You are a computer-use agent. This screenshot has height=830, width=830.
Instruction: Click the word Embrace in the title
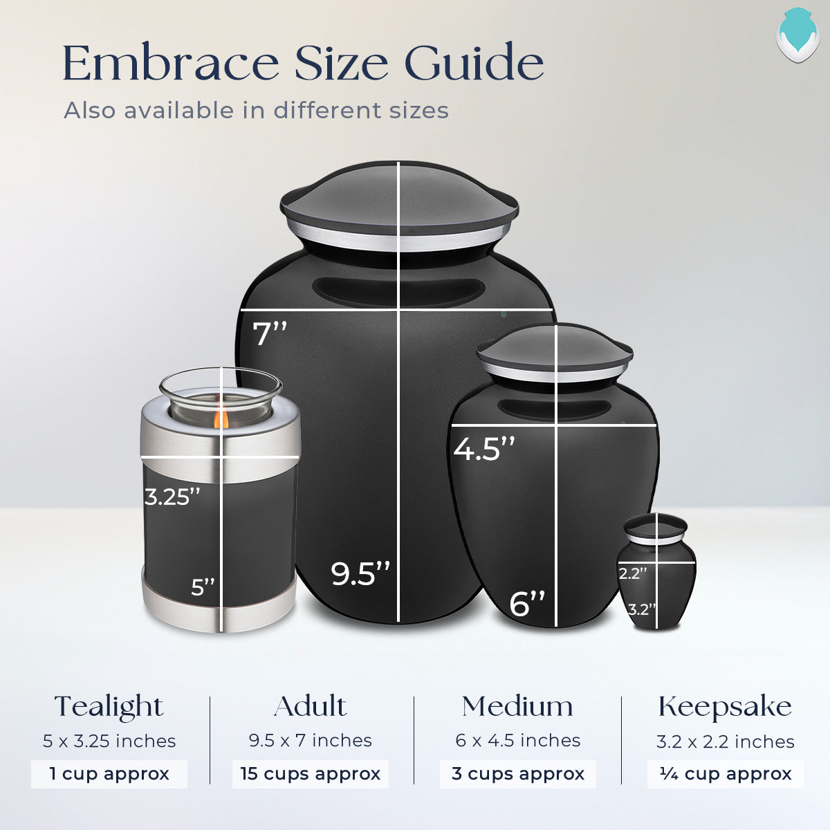click(170, 64)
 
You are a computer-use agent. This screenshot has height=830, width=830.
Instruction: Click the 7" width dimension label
click(269, 333)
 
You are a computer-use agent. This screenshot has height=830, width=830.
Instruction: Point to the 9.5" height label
click(360, 574)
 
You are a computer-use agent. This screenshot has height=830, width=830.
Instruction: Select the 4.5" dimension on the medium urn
click(484, 449)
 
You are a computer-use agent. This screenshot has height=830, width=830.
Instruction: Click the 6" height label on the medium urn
click(527, 603)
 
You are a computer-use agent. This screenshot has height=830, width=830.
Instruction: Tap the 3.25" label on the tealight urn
click(172, 497)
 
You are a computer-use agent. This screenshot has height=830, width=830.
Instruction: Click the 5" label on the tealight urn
click(203, 587)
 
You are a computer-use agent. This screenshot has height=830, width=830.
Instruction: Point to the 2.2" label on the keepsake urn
click(632, 573)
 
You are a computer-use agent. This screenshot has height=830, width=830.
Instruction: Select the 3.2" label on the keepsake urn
click(641, 609)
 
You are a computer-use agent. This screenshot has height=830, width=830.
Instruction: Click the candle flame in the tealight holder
click(221, 418)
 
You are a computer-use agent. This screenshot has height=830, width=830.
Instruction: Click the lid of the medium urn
click(555, 349)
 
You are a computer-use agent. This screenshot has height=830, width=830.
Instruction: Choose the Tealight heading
click(109, 707)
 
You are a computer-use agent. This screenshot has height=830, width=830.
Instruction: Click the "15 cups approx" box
click(310, 773)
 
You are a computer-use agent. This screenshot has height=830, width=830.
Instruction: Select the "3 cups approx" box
click(518, 773)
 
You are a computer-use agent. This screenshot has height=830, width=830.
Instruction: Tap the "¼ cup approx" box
click(725, 773)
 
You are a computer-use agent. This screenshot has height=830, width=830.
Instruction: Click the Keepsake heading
click(725, 707)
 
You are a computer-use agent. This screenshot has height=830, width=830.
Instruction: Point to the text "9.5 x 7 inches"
click(310, 741)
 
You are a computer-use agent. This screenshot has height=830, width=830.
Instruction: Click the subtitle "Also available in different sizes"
click(256, 111)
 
